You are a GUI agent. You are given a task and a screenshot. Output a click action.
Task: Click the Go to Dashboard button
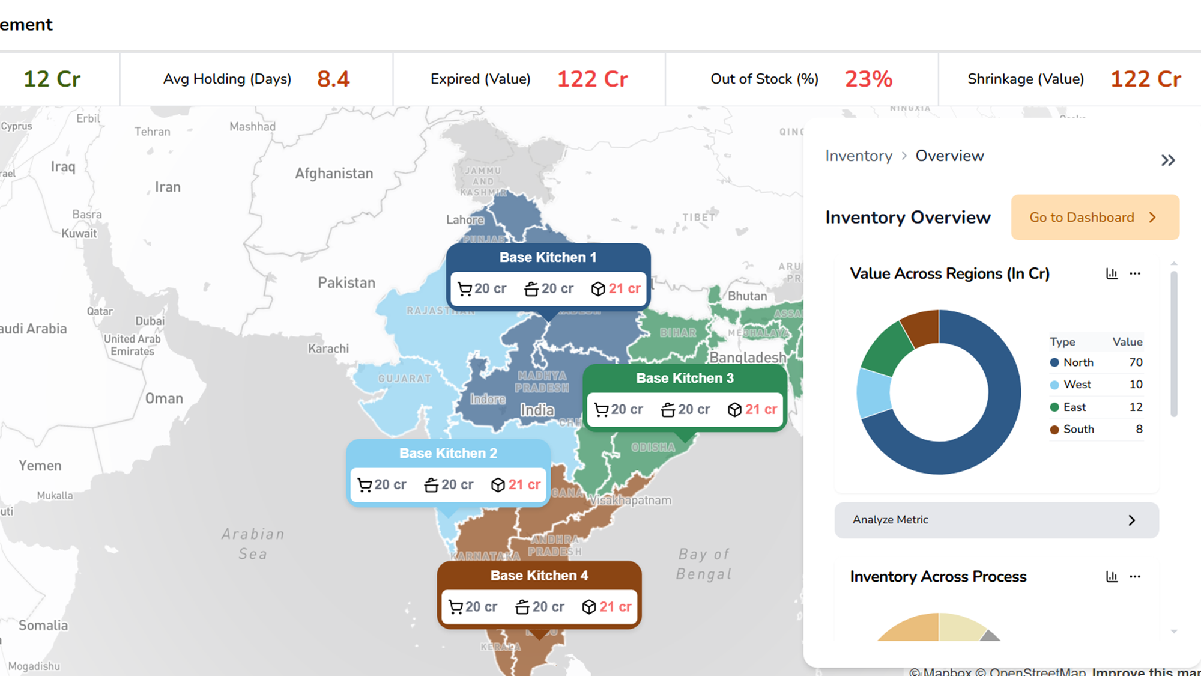coord(1095,218)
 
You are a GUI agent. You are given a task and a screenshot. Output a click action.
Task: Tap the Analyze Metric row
coord(996,520)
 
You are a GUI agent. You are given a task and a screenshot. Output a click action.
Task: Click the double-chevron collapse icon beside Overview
coord(1168,160)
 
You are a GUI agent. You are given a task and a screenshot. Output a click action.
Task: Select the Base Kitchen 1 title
coord(548,257)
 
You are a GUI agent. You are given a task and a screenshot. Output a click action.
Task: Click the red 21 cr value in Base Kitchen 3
coord(761,409)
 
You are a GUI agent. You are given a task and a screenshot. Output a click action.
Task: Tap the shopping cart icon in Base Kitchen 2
coord(365,485)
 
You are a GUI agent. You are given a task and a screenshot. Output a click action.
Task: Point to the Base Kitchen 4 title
coord(539,576)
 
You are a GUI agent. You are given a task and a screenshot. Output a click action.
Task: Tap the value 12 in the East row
coord(1135,407)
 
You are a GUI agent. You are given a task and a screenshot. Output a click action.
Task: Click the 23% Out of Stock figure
coord(868,79)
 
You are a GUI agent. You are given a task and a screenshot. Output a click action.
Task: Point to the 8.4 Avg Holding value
coord(333,79)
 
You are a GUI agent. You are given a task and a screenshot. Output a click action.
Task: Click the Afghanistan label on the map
coord(334,174)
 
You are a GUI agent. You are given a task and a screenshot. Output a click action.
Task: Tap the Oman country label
coord(164,398)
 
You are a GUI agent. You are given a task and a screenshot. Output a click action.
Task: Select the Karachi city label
coord(328,349)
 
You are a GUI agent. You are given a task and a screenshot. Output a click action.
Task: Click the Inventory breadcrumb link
coord(858,156)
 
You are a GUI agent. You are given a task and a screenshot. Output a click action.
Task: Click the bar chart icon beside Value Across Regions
coord(1112,274)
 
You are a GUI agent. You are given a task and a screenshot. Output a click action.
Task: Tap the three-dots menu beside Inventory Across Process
coord(1134,577)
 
